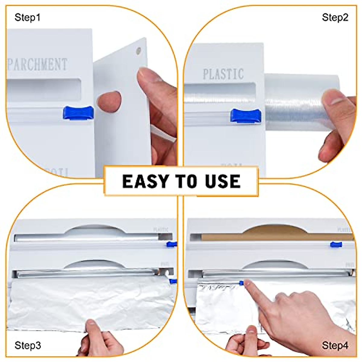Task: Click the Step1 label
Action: (x=27, y=17)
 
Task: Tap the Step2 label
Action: (x=335, y=17)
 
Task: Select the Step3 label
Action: (x=28, y=345)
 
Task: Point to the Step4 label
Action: (x=335, y=345)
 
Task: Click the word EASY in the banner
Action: (x=145, y=181)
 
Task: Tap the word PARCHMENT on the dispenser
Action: (x=37, y=64)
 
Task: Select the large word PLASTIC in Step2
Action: (x=223, y=74)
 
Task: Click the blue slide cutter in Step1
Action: (x=78, y=113)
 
